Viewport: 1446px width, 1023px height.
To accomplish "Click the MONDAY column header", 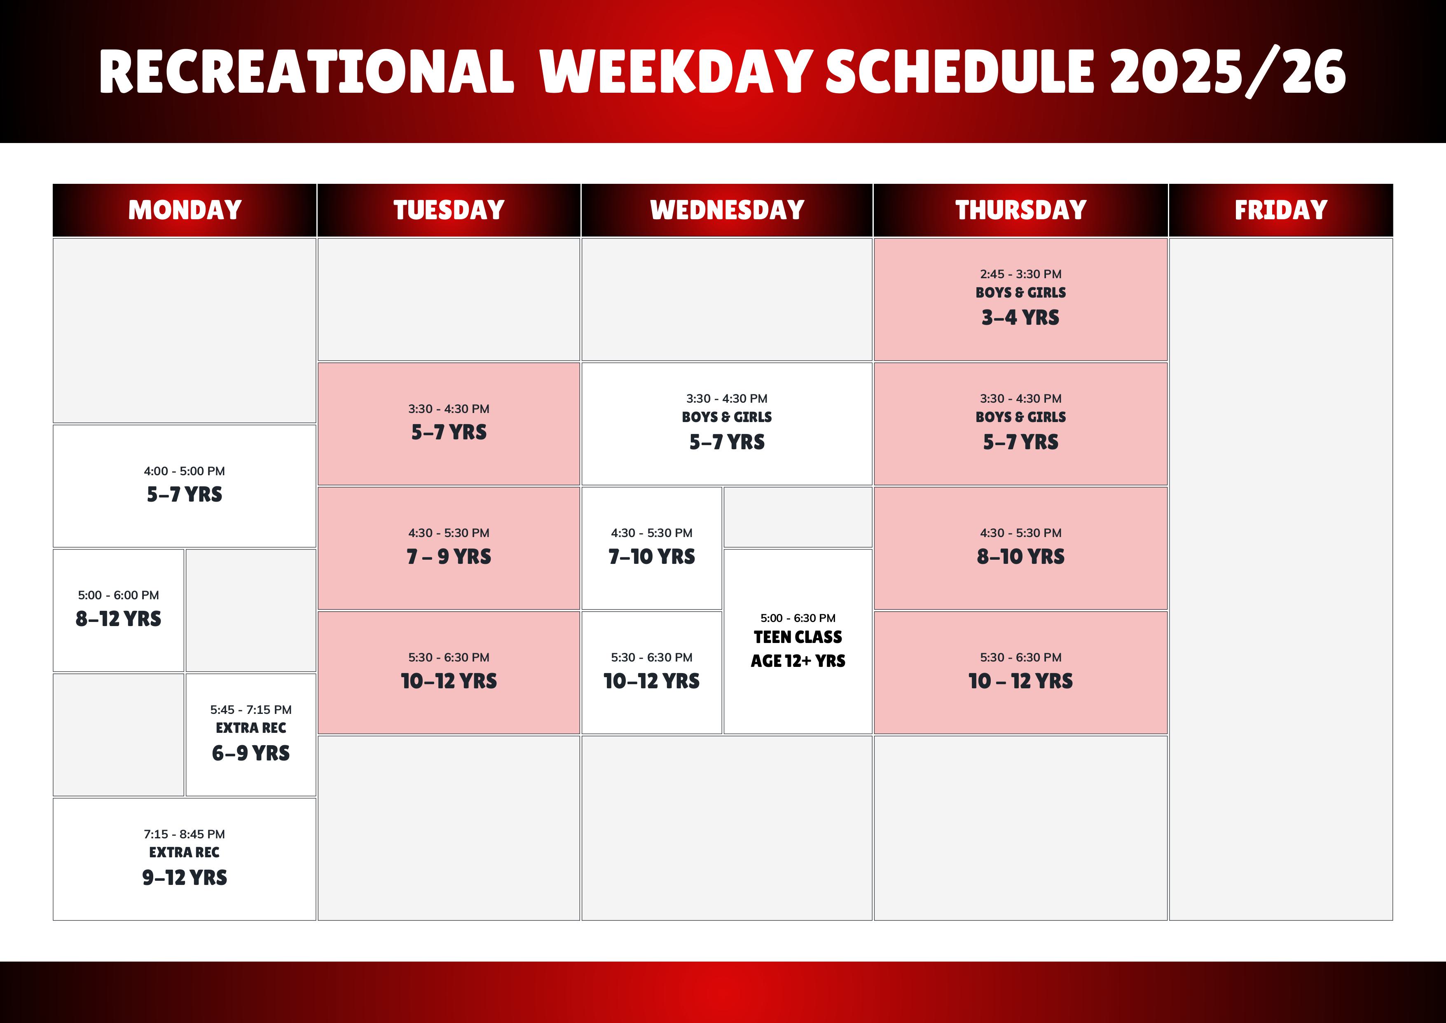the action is click(x=185, y=210).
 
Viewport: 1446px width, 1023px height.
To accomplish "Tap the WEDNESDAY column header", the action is click(x=727, y=210).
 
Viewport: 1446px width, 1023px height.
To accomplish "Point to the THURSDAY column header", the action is click(x=1020, y=210).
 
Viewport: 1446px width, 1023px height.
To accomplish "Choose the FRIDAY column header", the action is click(x=1280, y=210).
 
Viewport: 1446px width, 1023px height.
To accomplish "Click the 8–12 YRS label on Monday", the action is click(x=118, y=619).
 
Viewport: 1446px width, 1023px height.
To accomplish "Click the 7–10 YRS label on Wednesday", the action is click(x=651, y=556).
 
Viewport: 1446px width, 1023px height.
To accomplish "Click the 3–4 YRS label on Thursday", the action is click(x=1020, y=317).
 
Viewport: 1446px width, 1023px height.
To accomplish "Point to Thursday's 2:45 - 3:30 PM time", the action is click(x=1020, y=274).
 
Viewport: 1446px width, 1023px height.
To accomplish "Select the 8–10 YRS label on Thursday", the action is click(x=1020, y=556).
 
